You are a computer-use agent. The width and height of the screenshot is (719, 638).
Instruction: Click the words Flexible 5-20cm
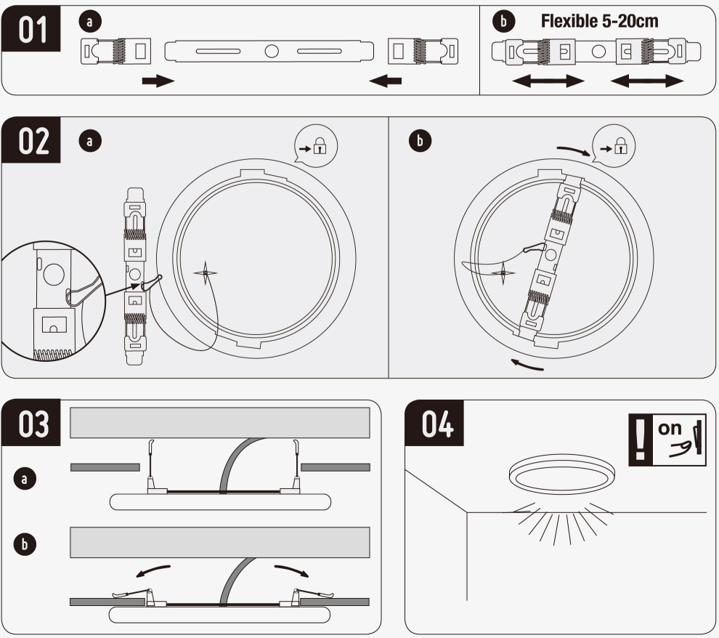tap(600, 21)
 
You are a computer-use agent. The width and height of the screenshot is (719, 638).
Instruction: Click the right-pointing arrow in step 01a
tap(158, 81)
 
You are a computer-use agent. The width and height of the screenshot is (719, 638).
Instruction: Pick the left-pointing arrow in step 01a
tap(385, 81)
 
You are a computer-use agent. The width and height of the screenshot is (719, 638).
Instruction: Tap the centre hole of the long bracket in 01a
tap(272, 52)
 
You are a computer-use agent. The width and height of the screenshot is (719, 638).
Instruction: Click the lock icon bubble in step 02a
tap(316, 148)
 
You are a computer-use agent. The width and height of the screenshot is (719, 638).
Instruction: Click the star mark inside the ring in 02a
tap(206, 273)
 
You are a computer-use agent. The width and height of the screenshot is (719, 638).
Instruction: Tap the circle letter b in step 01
tap(503, 22)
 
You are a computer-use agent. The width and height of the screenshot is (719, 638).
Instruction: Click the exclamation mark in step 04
tap(639, 440)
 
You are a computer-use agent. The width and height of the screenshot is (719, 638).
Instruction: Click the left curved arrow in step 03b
tap(153, 569)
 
